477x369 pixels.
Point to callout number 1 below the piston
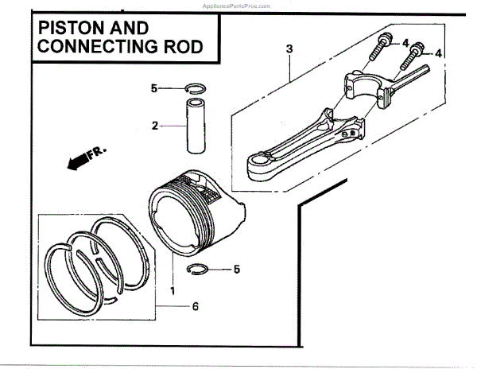172,281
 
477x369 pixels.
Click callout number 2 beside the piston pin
156,125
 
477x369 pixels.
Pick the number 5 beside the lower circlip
236,270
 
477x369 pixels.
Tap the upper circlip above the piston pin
196,87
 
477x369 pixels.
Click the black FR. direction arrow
77,162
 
